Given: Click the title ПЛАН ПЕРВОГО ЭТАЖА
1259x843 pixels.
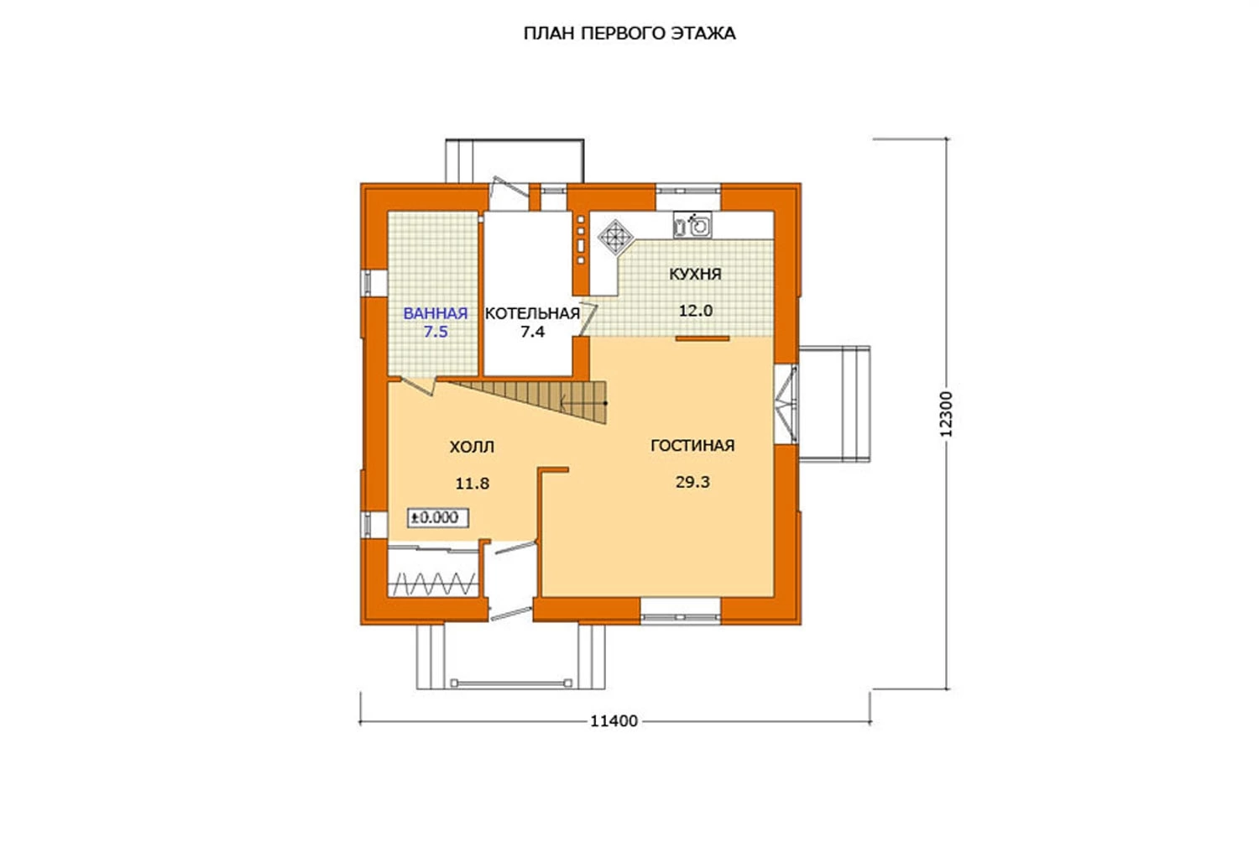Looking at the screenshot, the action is pyautogui.click(x=629, y=34).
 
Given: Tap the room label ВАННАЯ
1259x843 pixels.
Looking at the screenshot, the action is pyautogui.click(x=436, y=313).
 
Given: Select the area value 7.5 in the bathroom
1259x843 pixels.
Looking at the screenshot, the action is pyautogui.click(x=436, y=332).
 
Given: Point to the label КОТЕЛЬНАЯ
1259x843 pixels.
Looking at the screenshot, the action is pyautogui.click(x=532, y=313).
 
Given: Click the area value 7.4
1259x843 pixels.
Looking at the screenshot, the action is pyautogui.click(x=532, y=332).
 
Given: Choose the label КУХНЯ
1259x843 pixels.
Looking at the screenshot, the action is pyautogui.click(x=695, y=274).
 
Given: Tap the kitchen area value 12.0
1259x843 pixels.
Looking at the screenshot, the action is pyautogui.click(x=695, y=311).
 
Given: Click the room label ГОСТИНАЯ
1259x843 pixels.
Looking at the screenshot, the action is pyautogui.click(x=692, y=445).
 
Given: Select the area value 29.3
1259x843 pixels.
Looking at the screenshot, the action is pyautogui.click(x=692, y=482).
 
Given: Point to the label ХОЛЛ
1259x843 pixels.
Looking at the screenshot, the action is pyautogui.click(x=472, y=447).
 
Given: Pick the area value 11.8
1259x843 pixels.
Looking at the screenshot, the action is pyautogui.click(x=472, y=483).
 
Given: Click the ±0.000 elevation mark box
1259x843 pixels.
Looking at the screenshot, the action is pyautogui.click(x=438, y=517).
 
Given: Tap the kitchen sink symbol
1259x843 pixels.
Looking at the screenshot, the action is pyautogui.click(x=692, y=226).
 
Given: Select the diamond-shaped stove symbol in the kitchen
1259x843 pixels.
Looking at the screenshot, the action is pyautogui.click(x=616, y=237).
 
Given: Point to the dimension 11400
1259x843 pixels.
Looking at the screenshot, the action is pyautogui.click(x=614, y=721).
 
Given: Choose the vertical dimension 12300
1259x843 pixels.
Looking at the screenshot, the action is pyautogui.click(x=946, y=414).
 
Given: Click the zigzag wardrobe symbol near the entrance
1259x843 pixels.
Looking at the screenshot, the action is pyautogui.click(x=434, y=584).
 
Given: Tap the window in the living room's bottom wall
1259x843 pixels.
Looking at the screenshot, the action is pyautogui.click(x=680, y=611).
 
